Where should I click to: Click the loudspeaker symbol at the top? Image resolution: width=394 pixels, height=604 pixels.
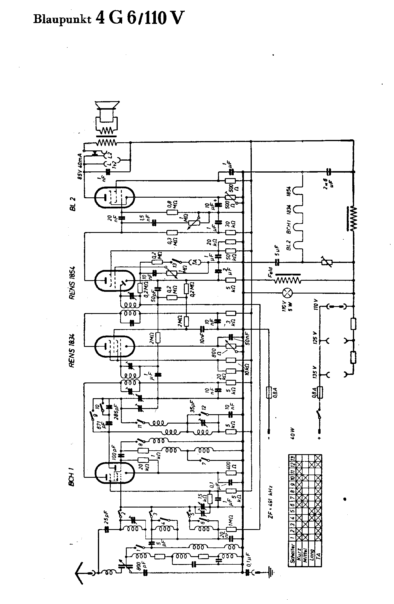point(107,114)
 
